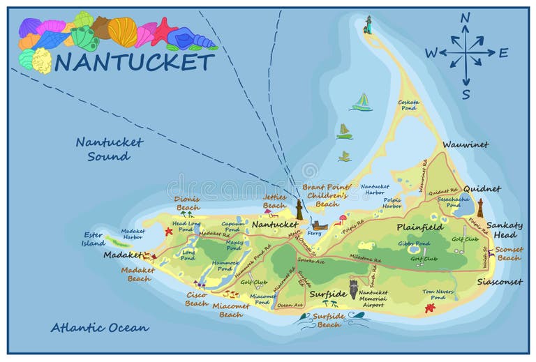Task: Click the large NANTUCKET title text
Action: (134, 62)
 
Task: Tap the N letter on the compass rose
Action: (466, 18)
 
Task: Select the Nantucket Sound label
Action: (109, 149)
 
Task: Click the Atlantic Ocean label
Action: (100, 327)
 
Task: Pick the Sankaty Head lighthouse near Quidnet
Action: (480, 207)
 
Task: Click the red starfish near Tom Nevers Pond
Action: (430, 308)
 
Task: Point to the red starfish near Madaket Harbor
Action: (168, 230)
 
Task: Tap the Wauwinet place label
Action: (466, 145)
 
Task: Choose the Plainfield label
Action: (420, 227)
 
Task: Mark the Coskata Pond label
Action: (409, 105)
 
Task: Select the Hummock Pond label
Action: (225, 266)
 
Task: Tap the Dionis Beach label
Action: (187, 203)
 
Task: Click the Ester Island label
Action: (94, 239)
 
